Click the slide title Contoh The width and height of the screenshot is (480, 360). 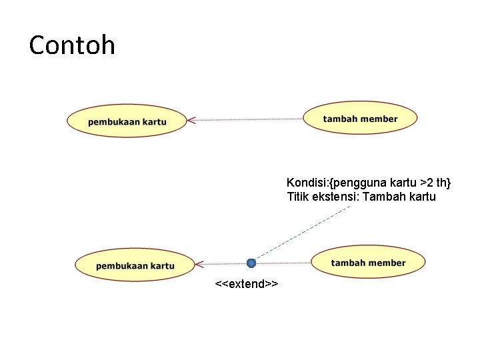tap(72, 45)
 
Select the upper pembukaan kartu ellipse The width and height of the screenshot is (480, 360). tap(127, 121)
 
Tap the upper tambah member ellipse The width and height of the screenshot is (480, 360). tap(360, 119)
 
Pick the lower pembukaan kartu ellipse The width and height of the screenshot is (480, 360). tap(135, 265)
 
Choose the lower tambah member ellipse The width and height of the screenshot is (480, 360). tap(368, 263)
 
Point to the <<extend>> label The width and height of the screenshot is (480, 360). tap(247, 285)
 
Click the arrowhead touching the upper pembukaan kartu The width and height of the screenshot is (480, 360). tap(191, 121)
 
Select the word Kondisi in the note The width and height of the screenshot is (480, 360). tap(305, 183)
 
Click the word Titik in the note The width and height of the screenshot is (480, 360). tap(297, 197)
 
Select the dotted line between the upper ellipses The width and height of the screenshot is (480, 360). tap(247, 119)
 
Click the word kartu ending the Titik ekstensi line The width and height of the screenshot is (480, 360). tap(423, 197)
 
